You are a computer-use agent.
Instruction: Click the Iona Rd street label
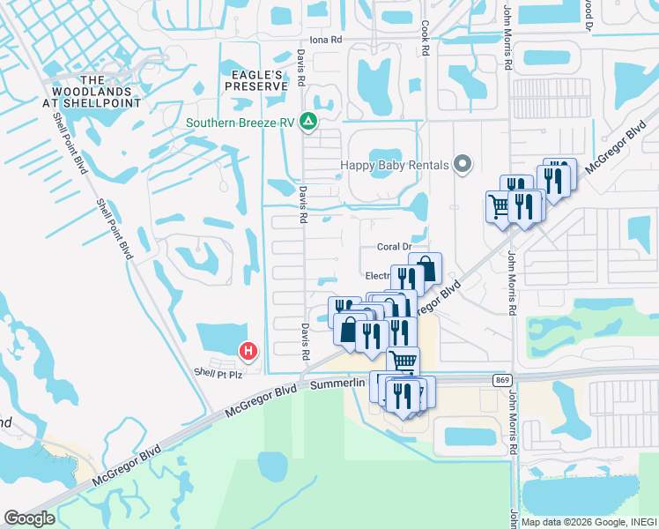point(325,41)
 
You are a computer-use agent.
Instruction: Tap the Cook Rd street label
point(425,40)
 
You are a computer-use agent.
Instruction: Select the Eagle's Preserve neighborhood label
point(255,80)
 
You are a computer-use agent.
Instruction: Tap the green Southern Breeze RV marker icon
point(308,121)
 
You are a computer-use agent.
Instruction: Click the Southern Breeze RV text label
point(239,123)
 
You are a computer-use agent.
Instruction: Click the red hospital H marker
point(249,352)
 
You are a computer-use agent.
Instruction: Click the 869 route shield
point(502,379)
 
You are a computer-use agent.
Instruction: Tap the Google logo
point(29,518)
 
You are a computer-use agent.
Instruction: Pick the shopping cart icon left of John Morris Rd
point(500,206)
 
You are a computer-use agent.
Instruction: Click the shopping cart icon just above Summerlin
point(404,360)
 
